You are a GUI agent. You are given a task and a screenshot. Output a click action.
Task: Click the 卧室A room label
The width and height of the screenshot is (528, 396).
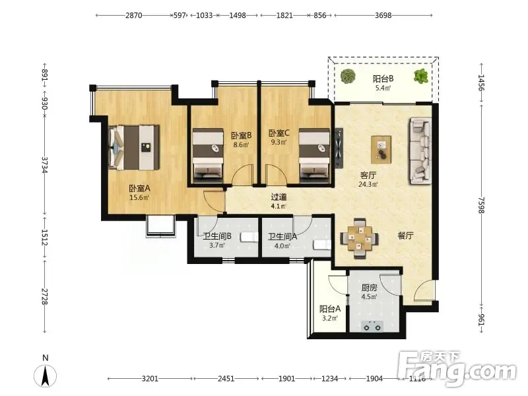tap(139, 189)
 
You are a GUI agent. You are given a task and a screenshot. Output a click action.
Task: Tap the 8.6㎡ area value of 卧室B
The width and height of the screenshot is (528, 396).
tap(241, 145)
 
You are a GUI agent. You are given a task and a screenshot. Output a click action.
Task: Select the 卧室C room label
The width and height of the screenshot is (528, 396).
tap(279, 133)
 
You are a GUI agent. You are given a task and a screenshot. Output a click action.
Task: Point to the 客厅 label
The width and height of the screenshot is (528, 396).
tap(368, 176)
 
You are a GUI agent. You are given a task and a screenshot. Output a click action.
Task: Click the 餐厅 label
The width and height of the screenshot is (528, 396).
tap(405, 236)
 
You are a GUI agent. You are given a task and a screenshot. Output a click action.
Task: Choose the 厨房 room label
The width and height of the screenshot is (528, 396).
tap(369, 288)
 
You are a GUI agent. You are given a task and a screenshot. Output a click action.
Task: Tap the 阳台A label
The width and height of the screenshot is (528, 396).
tap(329, 309)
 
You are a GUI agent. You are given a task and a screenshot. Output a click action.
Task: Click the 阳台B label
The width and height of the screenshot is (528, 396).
tap(383, 79)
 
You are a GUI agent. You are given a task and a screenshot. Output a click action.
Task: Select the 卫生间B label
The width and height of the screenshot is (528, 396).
tap(217, 237)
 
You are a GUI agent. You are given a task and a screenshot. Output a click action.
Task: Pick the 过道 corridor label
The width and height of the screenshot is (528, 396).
tap(279, 197)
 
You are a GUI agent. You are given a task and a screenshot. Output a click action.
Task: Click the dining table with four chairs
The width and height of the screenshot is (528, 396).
tap(359, 238)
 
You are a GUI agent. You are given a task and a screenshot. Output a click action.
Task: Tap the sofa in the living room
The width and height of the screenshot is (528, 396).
tap(420, 150)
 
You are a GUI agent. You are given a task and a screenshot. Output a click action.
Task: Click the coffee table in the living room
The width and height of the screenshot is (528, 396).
tap(381, 149)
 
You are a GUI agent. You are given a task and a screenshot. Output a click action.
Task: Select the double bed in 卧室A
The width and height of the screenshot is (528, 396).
tap(134, 147)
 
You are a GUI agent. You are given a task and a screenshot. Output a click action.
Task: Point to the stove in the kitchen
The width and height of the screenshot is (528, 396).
tap(372, 326)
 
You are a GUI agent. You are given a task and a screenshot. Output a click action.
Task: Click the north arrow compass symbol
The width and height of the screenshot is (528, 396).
tap(45, 376)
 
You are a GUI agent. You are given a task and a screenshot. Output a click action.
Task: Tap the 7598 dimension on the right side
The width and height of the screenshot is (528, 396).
tap(481, 205)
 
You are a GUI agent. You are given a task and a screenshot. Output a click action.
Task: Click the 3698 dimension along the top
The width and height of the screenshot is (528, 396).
tap(383, 15)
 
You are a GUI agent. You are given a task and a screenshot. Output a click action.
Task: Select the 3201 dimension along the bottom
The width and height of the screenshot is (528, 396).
tap(150, 379)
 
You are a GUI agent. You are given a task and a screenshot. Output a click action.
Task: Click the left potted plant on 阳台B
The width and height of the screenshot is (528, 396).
tap(348, 76)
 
